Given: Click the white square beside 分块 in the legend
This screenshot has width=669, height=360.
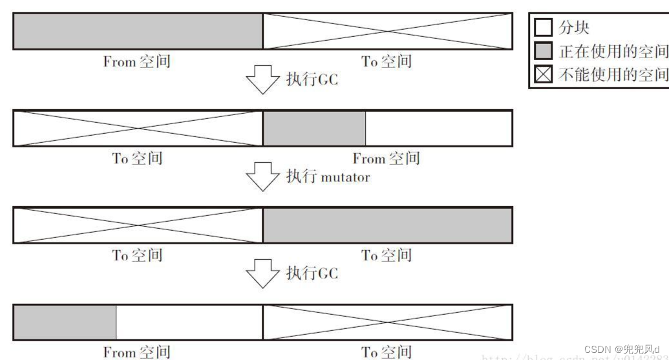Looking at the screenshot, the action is coord(543,28).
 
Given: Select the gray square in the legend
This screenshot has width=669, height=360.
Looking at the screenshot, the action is coord(543,51).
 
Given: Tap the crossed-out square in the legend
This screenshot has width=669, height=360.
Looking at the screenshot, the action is coord(543,74).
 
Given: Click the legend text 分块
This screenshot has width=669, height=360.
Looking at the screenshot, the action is coord(574,28).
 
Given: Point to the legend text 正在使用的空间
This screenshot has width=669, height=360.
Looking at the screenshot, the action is coord(613,51).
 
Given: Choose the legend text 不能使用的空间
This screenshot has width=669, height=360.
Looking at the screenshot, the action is coord(613,74).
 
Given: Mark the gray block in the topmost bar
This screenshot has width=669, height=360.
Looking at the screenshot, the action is coord(138,31).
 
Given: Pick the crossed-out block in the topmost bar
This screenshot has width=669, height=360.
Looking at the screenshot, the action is coord(387,31).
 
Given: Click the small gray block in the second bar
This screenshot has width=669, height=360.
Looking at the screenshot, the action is coord(314,128).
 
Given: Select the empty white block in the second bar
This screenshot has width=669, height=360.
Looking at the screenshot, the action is coord(438,128).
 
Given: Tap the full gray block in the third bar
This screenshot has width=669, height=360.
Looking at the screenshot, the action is coord(387,225).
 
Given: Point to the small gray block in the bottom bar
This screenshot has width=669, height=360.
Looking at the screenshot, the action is coord(65,322).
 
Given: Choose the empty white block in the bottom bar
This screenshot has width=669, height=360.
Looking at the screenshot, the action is coord(189,322).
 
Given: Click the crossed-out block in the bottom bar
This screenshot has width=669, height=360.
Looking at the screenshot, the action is coord(387,322).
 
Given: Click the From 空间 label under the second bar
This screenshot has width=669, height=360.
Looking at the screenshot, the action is coord(386,158).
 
